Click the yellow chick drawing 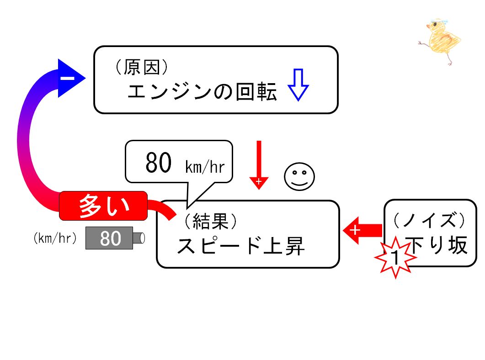(440, 40)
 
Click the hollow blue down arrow (298, 85)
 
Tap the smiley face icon (299, 176)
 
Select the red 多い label (103, 206)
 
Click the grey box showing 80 (109, 238)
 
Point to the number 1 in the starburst (395, 257)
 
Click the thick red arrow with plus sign (362, 231)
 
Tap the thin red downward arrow (259, 165)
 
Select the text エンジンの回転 (203, 92)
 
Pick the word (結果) (211, 221)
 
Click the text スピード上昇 (241, 246)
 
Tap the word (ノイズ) (429, 220)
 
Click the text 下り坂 (437, 245)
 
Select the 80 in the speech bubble (158, 163)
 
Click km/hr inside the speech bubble (205, 167)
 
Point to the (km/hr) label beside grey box (55, 238)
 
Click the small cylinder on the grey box (139, 238)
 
